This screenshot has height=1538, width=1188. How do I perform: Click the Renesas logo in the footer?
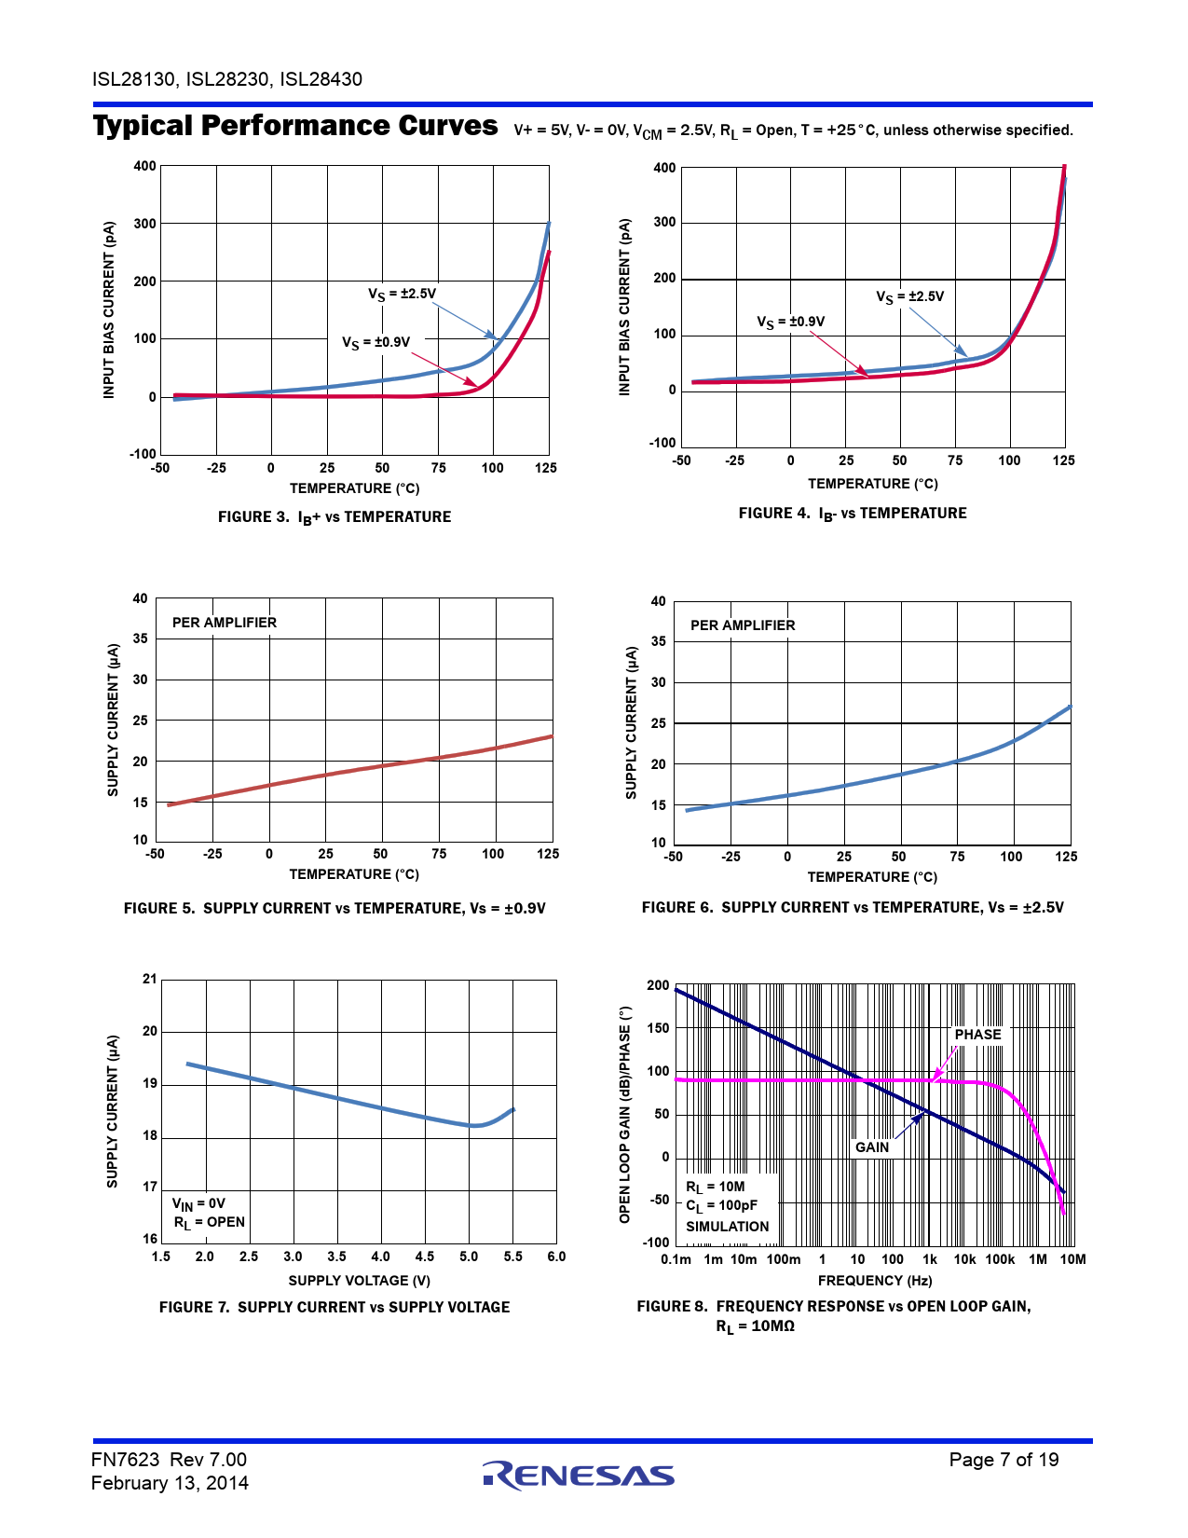pyautogui.click(x=579, y=1475)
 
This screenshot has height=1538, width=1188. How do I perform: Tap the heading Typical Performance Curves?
pyautogui.click(x=295, y=126)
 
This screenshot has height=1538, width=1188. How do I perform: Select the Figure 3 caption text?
pyautogui.click(x=334, y=517)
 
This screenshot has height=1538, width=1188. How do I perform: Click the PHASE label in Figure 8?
pyautogui.click(x=977, y=1035)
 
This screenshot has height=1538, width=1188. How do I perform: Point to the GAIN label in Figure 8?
pyautogui.click(x=872, y=1147)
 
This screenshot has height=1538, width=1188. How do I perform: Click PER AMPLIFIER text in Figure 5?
pyautogui.click(x=225, y=623)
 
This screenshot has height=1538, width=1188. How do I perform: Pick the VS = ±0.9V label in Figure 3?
pyautogui.click(x=376, y=343)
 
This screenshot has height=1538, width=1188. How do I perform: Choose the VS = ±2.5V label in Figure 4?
pyautogui.click(x=909, y=297)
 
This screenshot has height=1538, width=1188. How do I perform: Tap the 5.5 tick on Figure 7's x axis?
pyautogui.click(x=513, y=1256)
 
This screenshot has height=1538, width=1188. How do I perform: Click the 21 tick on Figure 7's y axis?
pyautogui.click(x=150, y=979)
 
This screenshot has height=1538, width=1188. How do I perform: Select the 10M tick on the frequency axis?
pyautogui.click(x=1072, y=1259)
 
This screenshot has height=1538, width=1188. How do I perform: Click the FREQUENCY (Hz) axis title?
pyautogui.click(x=875, y=1281)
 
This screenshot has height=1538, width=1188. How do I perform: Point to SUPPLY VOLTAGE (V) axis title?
pyautogui.click(x=360, y=1281)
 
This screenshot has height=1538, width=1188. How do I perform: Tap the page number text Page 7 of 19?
pyautogui.click(x=1004, y=1460)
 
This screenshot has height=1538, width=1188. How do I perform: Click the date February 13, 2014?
pyautogui.click(x=170, y=1483)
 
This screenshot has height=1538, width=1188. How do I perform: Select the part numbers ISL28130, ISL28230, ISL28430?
pyautogui.click(x=227, y=79)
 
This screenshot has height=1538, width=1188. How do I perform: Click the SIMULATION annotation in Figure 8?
pyautogui.click(x=728, y=1227)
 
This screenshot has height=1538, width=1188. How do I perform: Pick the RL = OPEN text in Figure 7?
pyautogui.click(x=210, y=1222)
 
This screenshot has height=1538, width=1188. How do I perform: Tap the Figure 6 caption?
pyautogui.click(x=853, y=908)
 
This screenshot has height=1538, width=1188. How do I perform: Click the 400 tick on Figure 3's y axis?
pyautogui.click(x=144, y=166)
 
